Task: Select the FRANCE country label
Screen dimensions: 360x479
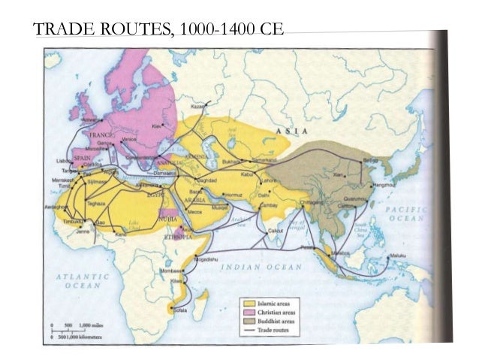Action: pyautogui.click(x=101, y=135)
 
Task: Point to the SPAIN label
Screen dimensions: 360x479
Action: pyautogui.click(x=82, y=159)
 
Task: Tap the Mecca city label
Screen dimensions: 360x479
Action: pyautogui.click(x=195, y=211)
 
